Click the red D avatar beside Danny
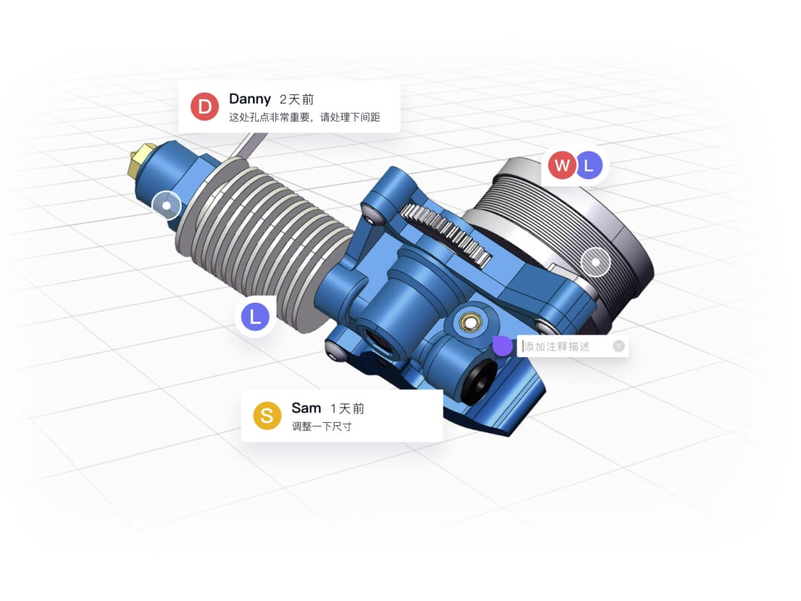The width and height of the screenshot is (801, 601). (x=205, y=107)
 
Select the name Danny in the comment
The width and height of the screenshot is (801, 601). (x=250, y=99)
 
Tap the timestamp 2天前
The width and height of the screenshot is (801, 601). (x=297, y=99)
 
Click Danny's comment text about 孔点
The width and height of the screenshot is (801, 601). (x=304, y=117)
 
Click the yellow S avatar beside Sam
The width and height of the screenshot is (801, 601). (x=267, y=416)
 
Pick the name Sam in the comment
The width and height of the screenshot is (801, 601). (x=306, y=408)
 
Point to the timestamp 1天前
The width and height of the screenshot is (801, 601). (x=347, y=409)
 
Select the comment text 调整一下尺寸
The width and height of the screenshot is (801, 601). (x=321, y=427)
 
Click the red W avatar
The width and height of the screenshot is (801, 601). (x=562, y=165)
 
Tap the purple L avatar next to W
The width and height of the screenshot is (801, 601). (x=590, y=165)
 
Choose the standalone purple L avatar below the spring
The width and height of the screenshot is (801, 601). (x=255, y=318)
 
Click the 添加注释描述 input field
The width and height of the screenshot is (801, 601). (x=567, y=347)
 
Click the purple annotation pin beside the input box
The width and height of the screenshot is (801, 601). (x=502, y=345)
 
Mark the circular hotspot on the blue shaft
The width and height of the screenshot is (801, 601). (x=166, y=206)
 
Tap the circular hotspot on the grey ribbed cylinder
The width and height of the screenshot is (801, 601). (x=595, y=261)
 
